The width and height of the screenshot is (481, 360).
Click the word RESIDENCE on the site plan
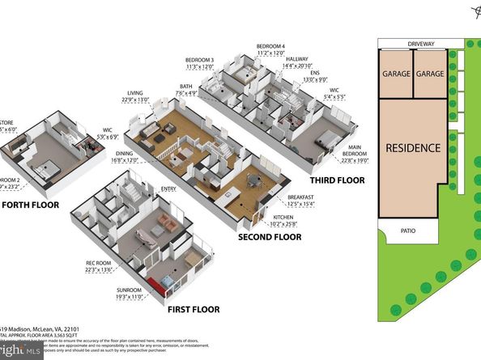[413, 148]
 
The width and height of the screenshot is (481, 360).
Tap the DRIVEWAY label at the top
[422, 44]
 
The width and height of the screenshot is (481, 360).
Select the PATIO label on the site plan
[408, 231]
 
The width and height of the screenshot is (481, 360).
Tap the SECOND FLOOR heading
[269, 237]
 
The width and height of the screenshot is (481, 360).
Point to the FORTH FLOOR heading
[27, 205]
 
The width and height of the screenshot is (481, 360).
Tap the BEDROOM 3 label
[199, 61]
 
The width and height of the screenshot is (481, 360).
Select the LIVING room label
[134, 93]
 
